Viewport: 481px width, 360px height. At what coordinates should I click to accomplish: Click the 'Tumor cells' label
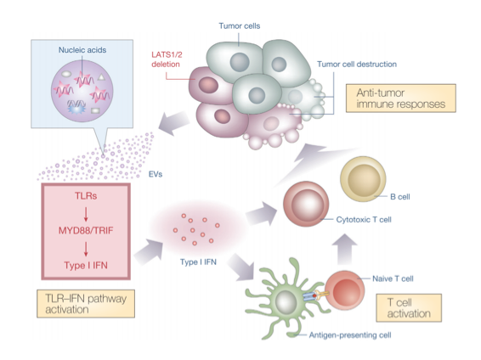(x=240, y=26)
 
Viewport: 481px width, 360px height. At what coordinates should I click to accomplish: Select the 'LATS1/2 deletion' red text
(x=167, y=59)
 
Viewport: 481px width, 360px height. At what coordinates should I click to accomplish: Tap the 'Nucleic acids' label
(x=82, y=50)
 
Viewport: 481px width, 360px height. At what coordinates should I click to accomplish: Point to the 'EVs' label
(x=156, y=174)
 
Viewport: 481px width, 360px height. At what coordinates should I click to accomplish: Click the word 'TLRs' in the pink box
(x=86, y=196)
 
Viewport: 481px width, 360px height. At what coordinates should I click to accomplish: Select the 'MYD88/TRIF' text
(x=86, y=230)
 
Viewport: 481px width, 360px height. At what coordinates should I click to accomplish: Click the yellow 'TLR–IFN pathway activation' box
(x=86, y=304)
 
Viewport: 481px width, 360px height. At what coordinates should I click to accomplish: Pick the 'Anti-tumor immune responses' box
(x=401, y=98)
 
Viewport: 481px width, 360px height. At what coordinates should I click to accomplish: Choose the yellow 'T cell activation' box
(x=409, y=308)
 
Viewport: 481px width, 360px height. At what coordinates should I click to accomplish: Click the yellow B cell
(x=363, y=179)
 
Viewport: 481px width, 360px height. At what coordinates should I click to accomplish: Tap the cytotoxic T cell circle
(x=306, y=204)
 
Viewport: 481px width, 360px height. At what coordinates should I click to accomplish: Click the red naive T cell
(x=345, y=290)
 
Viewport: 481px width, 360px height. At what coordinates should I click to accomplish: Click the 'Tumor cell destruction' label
(x=357, y=65)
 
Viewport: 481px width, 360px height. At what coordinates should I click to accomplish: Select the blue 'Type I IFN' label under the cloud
(x=198, y=262)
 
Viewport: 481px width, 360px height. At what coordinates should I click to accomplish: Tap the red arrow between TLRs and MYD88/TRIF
(x=86, y=214)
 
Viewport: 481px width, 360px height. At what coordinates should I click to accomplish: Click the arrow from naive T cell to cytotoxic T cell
(x=345, y=249)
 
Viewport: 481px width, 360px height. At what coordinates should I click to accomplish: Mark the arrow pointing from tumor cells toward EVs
(x=174, y=123)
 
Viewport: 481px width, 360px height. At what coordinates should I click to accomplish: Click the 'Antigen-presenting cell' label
(x=350, y=335)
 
